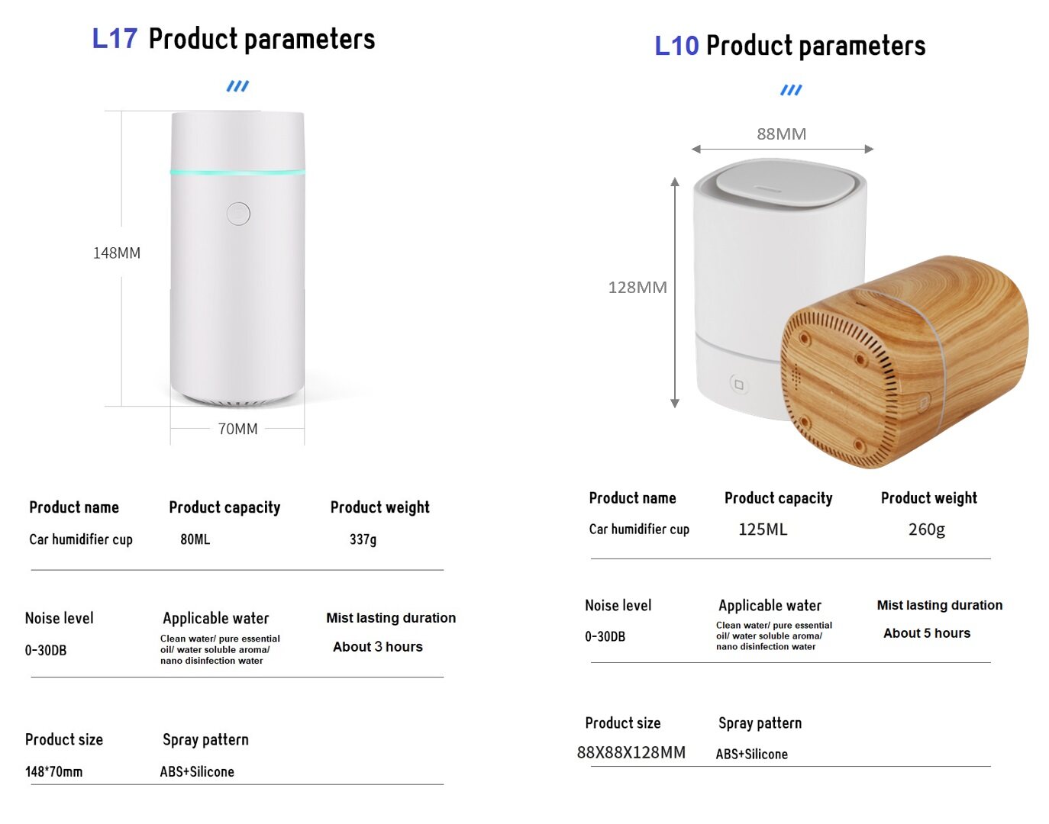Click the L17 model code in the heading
coord(115,39)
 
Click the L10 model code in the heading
coord(676,46)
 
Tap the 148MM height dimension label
coord(117,253)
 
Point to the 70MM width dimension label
coord(237,428)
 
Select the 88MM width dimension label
coord(782,134)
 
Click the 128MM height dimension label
coord(637,287)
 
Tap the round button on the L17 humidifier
coord(238,214)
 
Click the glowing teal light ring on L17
coord(237,172)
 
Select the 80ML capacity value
coord(195,539)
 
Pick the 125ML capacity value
coord(763,529)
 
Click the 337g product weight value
coord(363,539)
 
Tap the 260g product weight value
coord(926,529)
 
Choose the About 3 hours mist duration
coord(377,646)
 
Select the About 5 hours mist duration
coord(927,633)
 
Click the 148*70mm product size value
coord(53,771)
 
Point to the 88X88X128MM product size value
coord(631,752)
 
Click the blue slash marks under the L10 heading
coord(791,90)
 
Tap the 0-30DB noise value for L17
coord(45,650)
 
